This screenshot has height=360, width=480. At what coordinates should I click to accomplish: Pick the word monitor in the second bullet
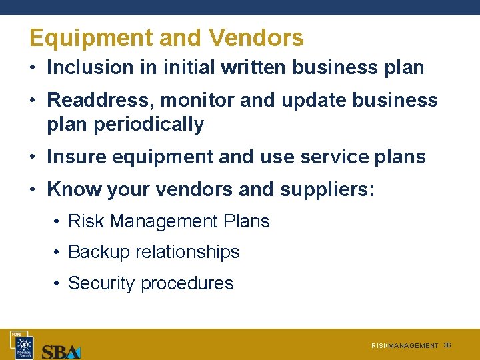point(192,100)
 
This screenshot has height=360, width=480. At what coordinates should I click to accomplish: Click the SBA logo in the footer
point(61,351)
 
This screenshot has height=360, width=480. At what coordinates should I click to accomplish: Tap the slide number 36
point(447,345)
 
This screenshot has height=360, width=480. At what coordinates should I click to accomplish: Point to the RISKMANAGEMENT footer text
point(405,346)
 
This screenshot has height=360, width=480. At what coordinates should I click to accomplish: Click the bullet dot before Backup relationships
point(58,252)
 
